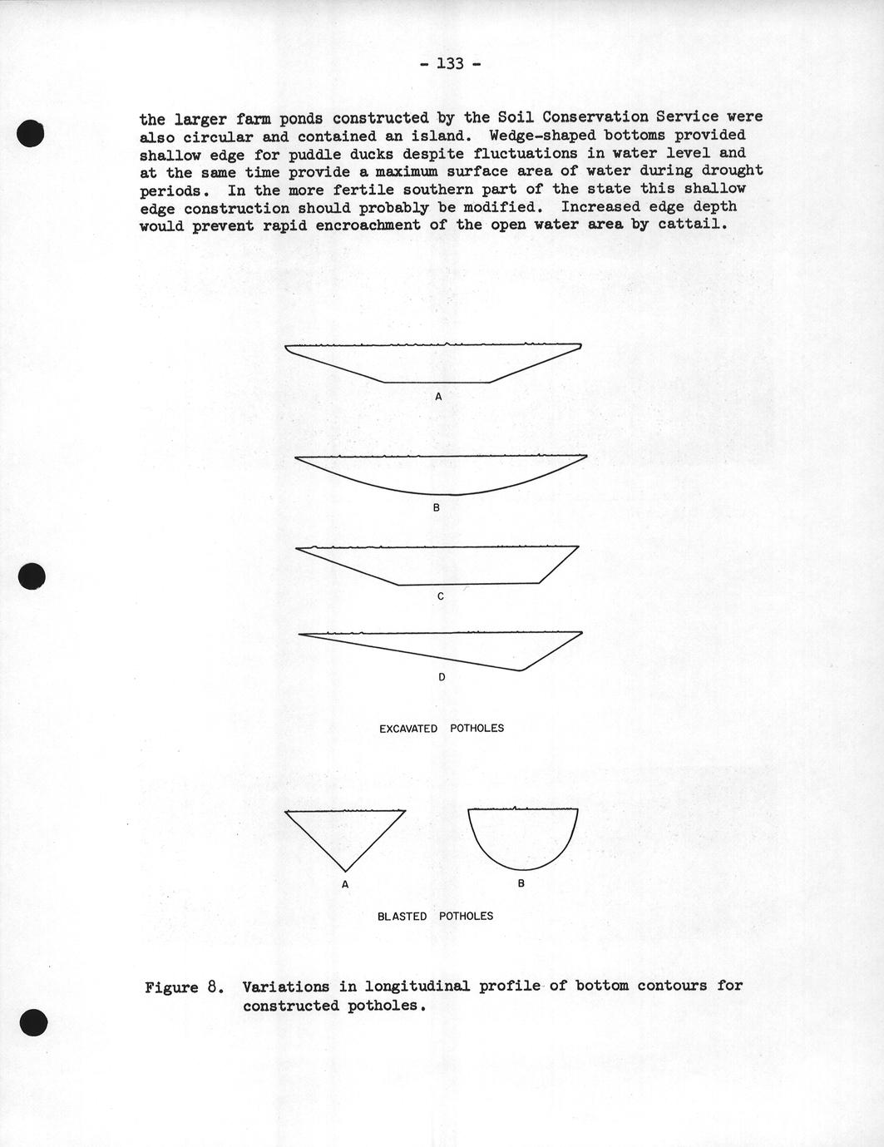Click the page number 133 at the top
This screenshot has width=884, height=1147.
click(x=449, y=63)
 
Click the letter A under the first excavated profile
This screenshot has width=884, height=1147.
click(x=438, y=397)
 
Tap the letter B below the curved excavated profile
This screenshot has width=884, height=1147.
click(x=436, y=507)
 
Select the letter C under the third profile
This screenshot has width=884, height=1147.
click(x=440, y=596)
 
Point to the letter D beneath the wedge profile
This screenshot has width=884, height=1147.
click(x=442, y=677)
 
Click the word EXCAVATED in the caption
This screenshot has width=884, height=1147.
click(x=407, y=729)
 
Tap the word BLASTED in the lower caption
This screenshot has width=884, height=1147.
click(x=402, y=917)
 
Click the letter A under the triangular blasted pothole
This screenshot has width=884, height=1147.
click(x=345, y=884)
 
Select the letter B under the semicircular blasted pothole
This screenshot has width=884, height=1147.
click(x=521, y=883)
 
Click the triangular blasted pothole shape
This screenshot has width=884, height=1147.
click(x=345, y=832)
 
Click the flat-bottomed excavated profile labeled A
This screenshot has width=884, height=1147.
click(x=434, y=363)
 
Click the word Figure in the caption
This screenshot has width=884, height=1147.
click(x=171, y=987)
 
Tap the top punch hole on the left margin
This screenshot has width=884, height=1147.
click(x=30, y=133)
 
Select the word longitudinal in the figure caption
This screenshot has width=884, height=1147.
click(x=405, y=986)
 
